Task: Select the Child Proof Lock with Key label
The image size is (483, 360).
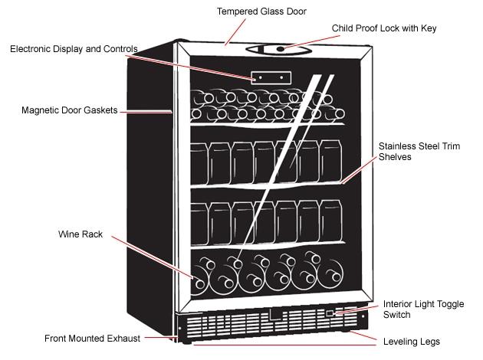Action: click(x=384, y=29)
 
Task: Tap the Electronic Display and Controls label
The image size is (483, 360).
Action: click(x=74, y=49)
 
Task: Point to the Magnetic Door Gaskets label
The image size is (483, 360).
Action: click(x=69, y=110)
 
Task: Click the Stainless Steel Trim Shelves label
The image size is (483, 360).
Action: click(x=419, y=151)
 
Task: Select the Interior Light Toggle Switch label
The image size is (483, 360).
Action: click(x=423, y=309)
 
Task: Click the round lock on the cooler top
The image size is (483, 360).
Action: click(x=280, y=49)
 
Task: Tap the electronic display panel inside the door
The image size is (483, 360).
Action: click(x=271, y=77)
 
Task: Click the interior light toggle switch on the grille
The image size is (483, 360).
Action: click(x=330, y=313)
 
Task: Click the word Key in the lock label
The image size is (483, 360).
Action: click(x=429, y=29)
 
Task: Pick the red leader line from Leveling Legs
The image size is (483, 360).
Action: click(x=368, y=337)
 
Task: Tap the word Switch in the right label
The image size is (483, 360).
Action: click(x=398, y=315)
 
